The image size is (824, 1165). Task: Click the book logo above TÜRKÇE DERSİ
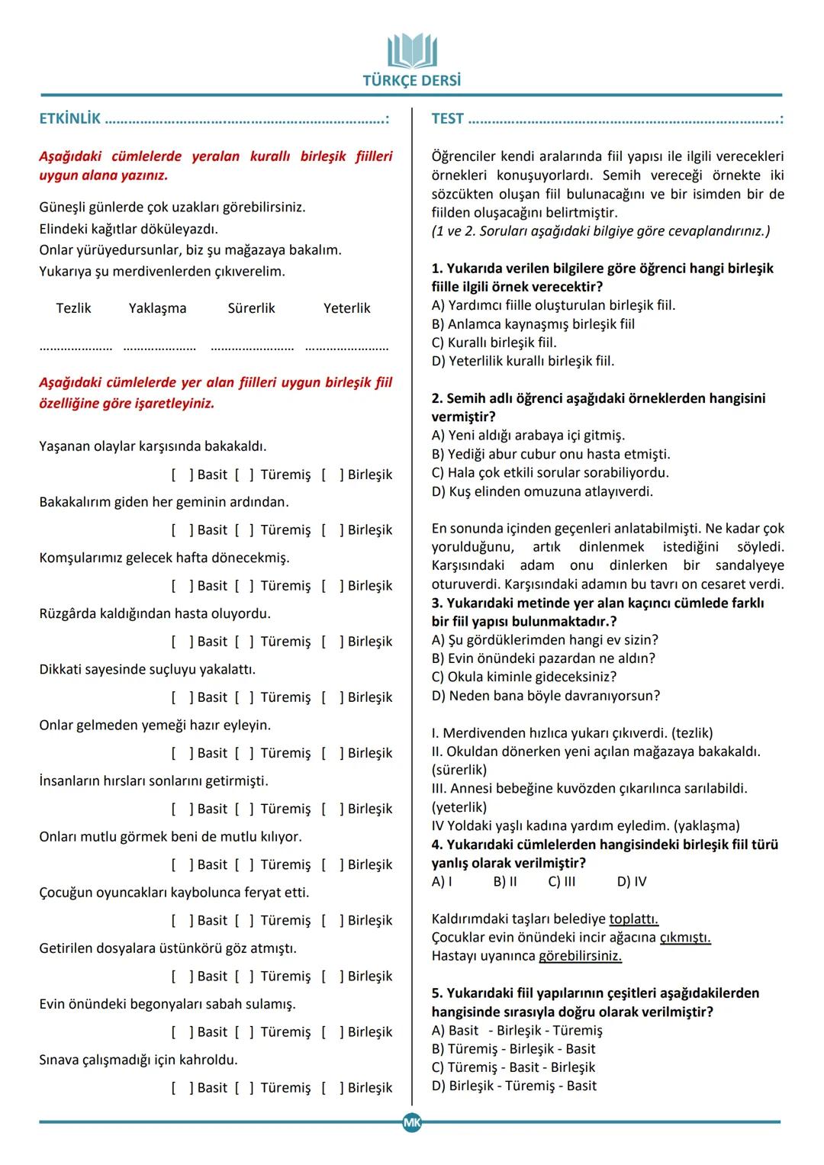click(412, 51)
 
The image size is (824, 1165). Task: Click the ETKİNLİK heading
click(69, 119)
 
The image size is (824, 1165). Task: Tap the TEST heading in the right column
click(447, 119)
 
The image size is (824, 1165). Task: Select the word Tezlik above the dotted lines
click(73, 308)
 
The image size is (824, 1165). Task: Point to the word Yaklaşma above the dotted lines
click(157, 308)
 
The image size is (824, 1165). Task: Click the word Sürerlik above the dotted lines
click(251, 308)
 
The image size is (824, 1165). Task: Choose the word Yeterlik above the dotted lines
click(346, 308)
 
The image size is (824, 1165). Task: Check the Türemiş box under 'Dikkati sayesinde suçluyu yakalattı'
click(244, 697)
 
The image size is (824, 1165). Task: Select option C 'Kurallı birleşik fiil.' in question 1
click(494, 343)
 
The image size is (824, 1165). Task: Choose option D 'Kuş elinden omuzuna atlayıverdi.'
click(542, 491)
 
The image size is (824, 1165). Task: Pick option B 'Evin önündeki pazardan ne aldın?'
click(543, 658)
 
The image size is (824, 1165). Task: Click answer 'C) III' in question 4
click(562, 882)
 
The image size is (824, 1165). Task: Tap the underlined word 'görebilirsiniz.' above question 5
click(580, 956)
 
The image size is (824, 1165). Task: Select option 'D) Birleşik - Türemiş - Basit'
click(513, 1086)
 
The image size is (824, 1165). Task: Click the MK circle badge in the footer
click(412, 1122)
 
